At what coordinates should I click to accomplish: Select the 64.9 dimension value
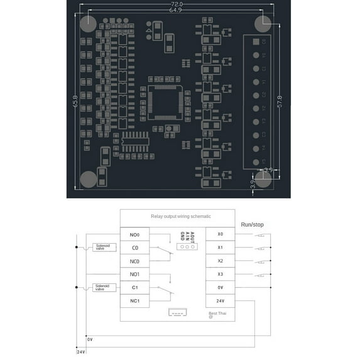pyautogui.click(x=175, y=11)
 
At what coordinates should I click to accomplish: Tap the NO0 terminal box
pyautogui.click(x=134, y=234)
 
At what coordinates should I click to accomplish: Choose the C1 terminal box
pyautogui.click(x=134, y=287)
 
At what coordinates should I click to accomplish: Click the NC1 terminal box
pyautogui.click(x=134, y=300)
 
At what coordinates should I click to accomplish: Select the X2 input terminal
pyautogui.click(x=220, y=261)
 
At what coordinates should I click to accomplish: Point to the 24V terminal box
pyautogui.click(x=220, y=300)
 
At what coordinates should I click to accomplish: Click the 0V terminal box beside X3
pyautogui.click(x=220, y=287)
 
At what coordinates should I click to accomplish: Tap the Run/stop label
pyautogui.click(x=252, y=224)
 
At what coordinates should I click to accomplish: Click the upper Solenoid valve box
pyautogui.click(x=102, y=247)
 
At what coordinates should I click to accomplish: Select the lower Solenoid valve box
pyautogui.click(x=102, y=287)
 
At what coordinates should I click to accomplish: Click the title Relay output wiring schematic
pyautogui.click(x=181, y=216)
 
